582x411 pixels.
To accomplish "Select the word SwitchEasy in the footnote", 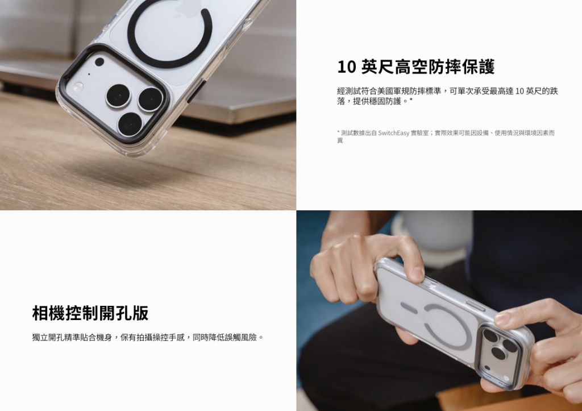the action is pyautogui.click(x=393, y=133).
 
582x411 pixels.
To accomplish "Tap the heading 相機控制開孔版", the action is pyautogui.click(x=90, y=313).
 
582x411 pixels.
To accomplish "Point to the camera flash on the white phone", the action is pyautogui.click(x=77, y=86).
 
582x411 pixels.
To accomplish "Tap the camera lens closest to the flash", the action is pyautogui.click(x=118, y=96).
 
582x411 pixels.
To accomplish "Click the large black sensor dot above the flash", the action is pyautogui.click(x=99, y=62).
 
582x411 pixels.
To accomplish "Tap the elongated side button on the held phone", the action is pyautogui.click(x=475, y=306).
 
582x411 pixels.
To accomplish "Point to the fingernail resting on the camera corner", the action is pyautogui.click(x=502, y=318).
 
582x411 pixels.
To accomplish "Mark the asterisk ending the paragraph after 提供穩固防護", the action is pyautogui.click(x=411, y=100).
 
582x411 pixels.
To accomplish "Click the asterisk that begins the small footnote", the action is pyautogui.click(x=339, y=132).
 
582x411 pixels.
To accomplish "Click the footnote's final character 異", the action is pyautogui.click(x=340, y=141).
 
